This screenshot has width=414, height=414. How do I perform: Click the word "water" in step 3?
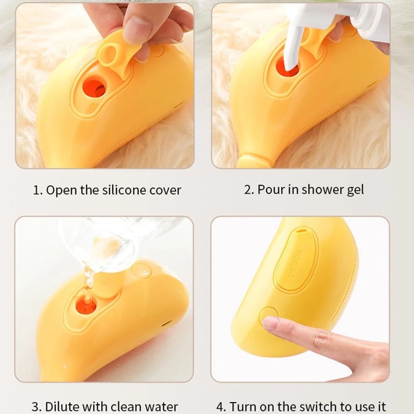161,407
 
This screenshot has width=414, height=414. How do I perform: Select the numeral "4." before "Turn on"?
221,407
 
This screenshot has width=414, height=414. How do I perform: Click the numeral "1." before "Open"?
37,190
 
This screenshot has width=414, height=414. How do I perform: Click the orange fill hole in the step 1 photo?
94,85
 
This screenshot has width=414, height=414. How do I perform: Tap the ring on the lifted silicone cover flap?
111,51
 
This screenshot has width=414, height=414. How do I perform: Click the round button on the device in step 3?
141,270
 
